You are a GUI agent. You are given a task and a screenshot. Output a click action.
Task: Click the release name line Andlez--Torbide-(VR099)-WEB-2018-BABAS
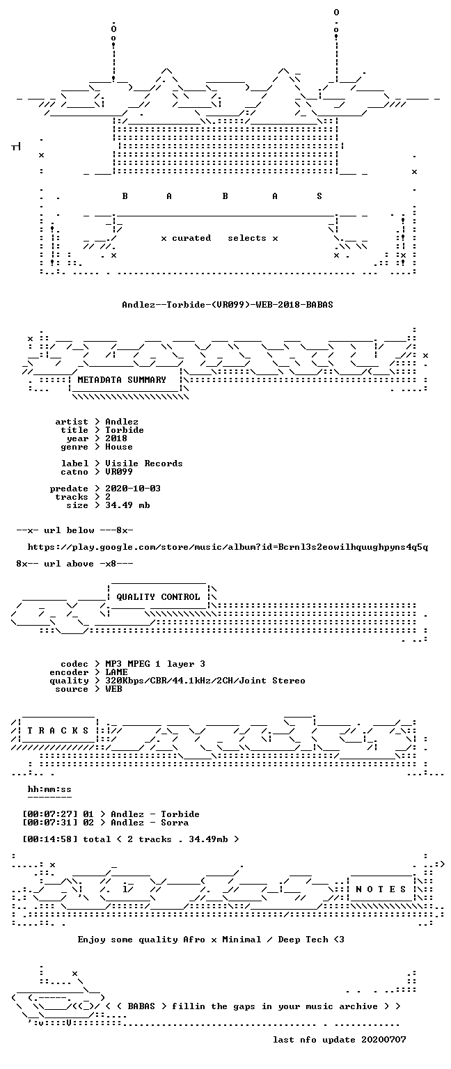(227, 304)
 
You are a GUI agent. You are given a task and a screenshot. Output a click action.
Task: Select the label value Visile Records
(143, 464)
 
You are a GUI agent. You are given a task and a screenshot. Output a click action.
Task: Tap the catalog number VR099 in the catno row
(119, 472)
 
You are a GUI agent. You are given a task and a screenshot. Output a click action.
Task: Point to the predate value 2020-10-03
(133, 489)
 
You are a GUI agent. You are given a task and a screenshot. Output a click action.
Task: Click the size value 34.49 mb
(127, 505)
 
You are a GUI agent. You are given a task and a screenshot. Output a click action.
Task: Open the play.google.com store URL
(228, 548)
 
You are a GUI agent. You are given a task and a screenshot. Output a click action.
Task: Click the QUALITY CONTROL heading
(158, 597)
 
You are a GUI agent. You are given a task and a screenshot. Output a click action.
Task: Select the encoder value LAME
(116, 672)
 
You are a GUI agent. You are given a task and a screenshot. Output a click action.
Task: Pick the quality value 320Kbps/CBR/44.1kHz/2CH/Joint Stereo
(205, 681)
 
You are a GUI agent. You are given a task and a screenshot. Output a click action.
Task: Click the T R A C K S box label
(58, 731)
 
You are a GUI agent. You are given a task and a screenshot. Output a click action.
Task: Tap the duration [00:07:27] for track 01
(49, 814)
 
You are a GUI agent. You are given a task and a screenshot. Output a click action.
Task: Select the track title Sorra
(175, 823)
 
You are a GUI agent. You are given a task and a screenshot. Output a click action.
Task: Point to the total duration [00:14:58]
(49, 839)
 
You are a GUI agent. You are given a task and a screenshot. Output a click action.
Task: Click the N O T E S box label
(381, 889)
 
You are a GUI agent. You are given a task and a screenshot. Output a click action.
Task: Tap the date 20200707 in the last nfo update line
(383, 1040)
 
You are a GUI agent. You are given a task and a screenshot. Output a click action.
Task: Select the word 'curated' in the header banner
(191, 238)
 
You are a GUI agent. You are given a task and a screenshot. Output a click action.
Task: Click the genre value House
(119, 447)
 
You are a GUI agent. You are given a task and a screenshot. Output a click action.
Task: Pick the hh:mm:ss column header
(49, 789)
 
